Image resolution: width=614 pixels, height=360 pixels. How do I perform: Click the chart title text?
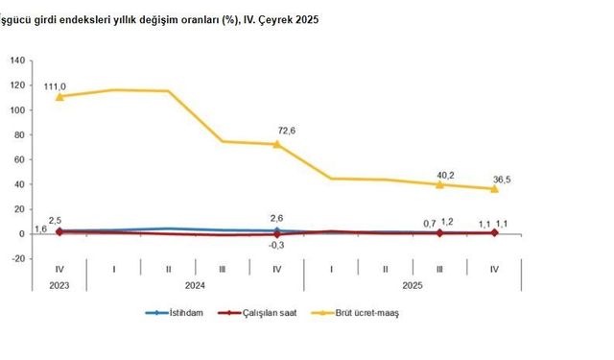click(x=163, y=18)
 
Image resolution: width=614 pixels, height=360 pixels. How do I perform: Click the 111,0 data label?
click(x=59, y=84)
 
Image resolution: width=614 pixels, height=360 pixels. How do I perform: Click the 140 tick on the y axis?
click(x=17, y=60)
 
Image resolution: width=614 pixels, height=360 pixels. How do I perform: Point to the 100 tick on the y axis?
click(x=17, y=109)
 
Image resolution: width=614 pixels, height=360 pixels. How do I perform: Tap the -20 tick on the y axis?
click(x=18, y=258)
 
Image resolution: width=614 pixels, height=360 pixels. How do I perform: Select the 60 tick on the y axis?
click(x=20, y=159)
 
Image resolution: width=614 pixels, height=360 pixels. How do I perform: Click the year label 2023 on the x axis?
click(x=59, y=285)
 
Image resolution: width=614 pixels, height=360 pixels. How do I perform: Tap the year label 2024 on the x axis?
click(x=195, y=285)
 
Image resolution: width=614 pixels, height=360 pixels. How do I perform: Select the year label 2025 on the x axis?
click(x=413, y=285)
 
